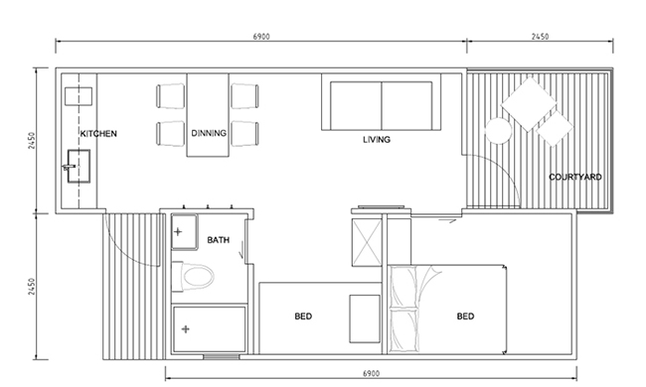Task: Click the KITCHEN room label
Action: [x=98, y=134]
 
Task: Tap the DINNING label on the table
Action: [x=209, y=133]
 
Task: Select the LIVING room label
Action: [x=377, y=140]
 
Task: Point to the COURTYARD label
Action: [x=575, y=177]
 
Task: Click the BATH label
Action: [x=218, y=240]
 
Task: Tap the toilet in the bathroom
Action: [x=193, y=276]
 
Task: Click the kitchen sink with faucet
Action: [x=79, y=166]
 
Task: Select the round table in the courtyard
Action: [x=499, y=131]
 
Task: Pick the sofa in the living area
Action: [x=381, y=106]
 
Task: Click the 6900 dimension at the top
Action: [x=261, y=37]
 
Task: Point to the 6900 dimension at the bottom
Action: [x=371, y=373]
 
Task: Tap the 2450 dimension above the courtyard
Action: [x=540, y=37]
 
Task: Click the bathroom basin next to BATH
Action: [x=184, y=231]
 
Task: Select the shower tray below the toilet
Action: [x=210, y=329]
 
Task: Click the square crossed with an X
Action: [x=367, y=243]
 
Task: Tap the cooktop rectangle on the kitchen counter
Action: [x=79, y=96]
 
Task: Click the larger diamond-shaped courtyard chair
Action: [x=529, y=104]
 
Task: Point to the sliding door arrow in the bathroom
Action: [x=242, y=250]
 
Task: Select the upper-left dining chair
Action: [x=170, y=96]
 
